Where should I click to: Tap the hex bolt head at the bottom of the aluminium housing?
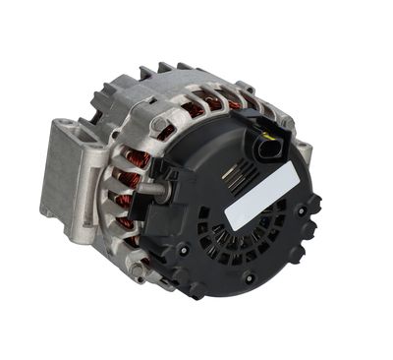148,268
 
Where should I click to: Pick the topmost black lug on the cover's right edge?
313,203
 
